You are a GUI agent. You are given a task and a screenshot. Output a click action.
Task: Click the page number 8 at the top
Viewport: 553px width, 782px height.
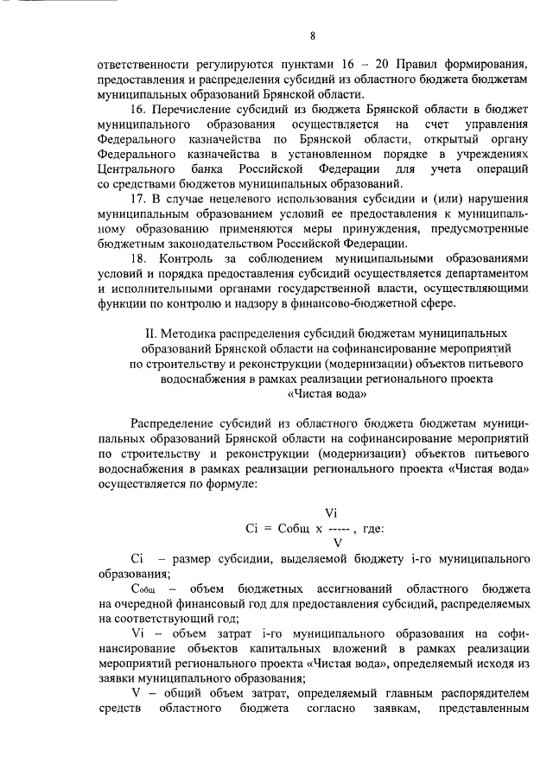pyautogui.click(x=313, y=35)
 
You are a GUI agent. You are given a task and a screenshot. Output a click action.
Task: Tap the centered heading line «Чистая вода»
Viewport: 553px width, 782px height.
pyautogui.click(x=313, y=395)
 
